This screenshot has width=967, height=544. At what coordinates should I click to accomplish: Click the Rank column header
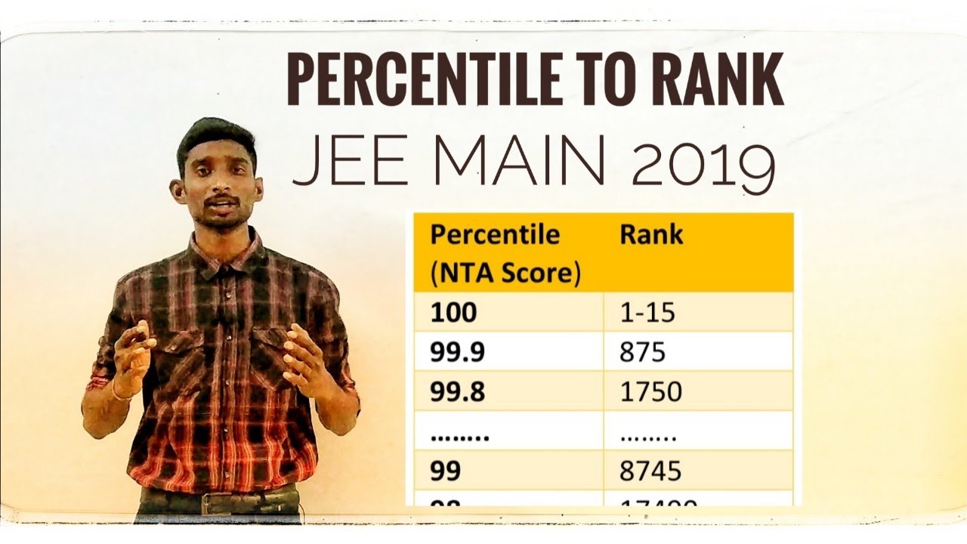(651, 235)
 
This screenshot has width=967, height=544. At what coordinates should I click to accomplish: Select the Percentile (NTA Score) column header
(504, 254)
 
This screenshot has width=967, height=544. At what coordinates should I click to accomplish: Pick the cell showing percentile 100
(453, 312)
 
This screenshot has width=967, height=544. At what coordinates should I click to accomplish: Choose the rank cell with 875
(642, 351)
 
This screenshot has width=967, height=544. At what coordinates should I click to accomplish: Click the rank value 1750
(650, 391)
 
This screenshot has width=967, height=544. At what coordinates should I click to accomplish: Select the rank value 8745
(650, 471)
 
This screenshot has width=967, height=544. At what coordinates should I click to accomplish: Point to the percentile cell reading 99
(446, 471)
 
